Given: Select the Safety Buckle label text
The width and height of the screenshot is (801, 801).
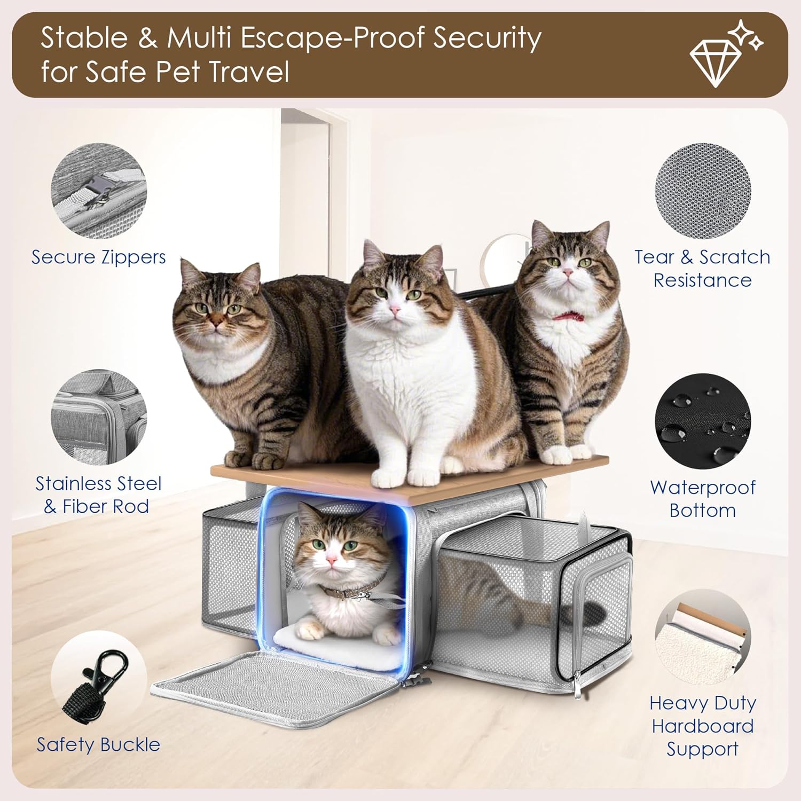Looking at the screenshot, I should tap(98, 744).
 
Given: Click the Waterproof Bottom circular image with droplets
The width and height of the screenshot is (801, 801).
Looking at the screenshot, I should tap(703, 422).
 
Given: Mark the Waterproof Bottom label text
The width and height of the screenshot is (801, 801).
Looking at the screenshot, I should tap(703, 499).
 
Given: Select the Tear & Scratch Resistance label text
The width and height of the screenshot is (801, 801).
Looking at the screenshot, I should tap(703, 269).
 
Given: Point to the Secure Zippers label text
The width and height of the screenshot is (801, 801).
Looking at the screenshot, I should tap(99, 257).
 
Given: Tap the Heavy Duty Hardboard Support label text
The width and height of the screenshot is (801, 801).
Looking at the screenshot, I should tap(703, 726).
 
